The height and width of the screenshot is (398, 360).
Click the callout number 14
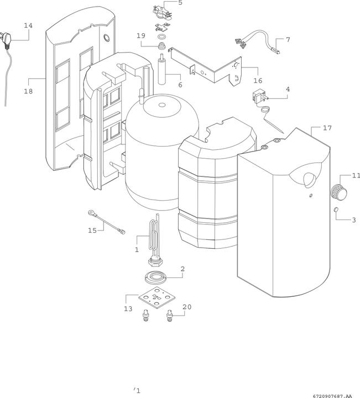pos(28,25)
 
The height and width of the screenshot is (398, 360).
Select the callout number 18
pos(28,92)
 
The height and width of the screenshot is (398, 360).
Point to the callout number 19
pos(141,35)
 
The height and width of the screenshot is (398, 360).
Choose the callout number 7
pos(287,40)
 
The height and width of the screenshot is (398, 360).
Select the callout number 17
pos(327,128)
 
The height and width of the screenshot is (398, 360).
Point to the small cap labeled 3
pos(336,210)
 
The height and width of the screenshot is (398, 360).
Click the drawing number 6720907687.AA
pos(332,395)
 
